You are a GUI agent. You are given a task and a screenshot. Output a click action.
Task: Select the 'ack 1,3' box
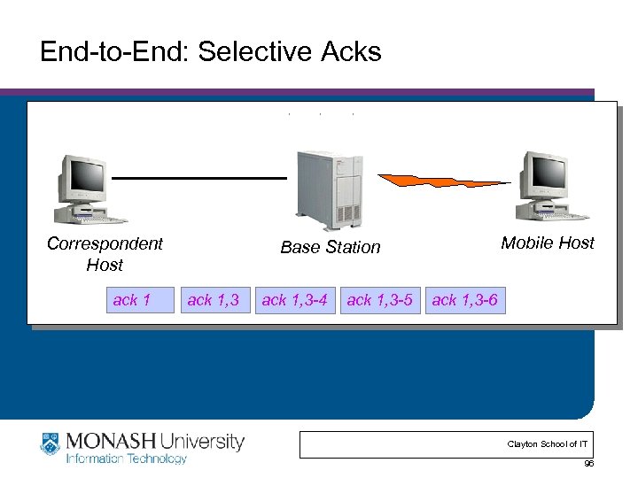pyautogui.click(x=213, y=300)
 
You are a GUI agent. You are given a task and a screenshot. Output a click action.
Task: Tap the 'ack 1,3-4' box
pyautogui.click(x=294, y=300)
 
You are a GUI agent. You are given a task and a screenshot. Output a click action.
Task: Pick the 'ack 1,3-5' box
pyautogui.click(x=379, y=300)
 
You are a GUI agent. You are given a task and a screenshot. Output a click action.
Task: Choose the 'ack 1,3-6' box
pyautogui.click(x=464, y=300)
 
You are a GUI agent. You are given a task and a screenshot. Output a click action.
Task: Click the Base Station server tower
pyautogui.click(x=331, y=189)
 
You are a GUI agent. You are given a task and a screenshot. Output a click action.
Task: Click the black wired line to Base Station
pyautogui.click(x=199, y=178)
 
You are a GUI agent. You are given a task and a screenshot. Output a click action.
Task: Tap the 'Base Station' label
pyautogui.click(x=330, y=248)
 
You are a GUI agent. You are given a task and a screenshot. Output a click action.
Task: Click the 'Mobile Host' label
pyautogui.click(x=547, y=243)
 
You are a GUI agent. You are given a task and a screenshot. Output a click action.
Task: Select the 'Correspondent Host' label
pyautogui.click(x=105, y=254)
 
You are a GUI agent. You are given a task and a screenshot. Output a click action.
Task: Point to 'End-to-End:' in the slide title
pyautogui.click(x=115, y=52)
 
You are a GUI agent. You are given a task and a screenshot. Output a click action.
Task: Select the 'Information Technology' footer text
pyautogui.click(x=126, y=459)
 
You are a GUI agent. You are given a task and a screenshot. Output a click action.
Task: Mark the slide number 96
pyautogui.click(x=588, y=464)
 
